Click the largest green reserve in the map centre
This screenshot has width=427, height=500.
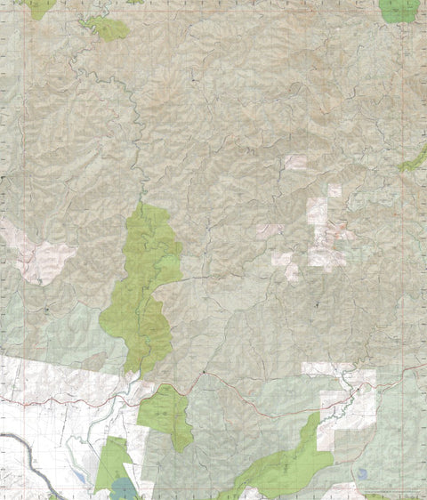click(142, 285)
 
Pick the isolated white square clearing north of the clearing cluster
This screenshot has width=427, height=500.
click(295, 162)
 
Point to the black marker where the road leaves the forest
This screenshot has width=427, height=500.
click(204, 371)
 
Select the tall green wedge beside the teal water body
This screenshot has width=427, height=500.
click(110, 463)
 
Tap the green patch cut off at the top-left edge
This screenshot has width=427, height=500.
click(38, 7)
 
